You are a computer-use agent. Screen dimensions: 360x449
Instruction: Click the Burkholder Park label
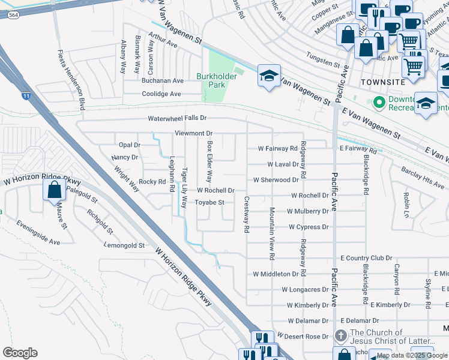[211, 80]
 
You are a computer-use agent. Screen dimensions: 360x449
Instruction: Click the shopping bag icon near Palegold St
[54, 190]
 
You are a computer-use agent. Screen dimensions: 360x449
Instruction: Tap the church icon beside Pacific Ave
[340, 335]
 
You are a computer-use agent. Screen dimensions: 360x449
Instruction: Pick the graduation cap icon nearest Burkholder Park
[268, 76]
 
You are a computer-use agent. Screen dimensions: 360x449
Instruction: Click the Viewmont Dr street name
[193, 133]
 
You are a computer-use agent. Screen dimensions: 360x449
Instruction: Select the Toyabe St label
[209, 203]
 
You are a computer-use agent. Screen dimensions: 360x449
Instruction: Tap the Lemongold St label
[124, 245]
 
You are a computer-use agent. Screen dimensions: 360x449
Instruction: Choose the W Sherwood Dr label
[276, 179]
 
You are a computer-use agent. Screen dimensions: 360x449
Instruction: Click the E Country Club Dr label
[366, 258]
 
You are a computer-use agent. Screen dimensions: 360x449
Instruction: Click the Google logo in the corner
[20, 353]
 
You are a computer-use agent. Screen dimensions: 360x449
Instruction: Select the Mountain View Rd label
[272, 234]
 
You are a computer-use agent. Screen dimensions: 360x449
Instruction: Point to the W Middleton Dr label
[276, 274]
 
